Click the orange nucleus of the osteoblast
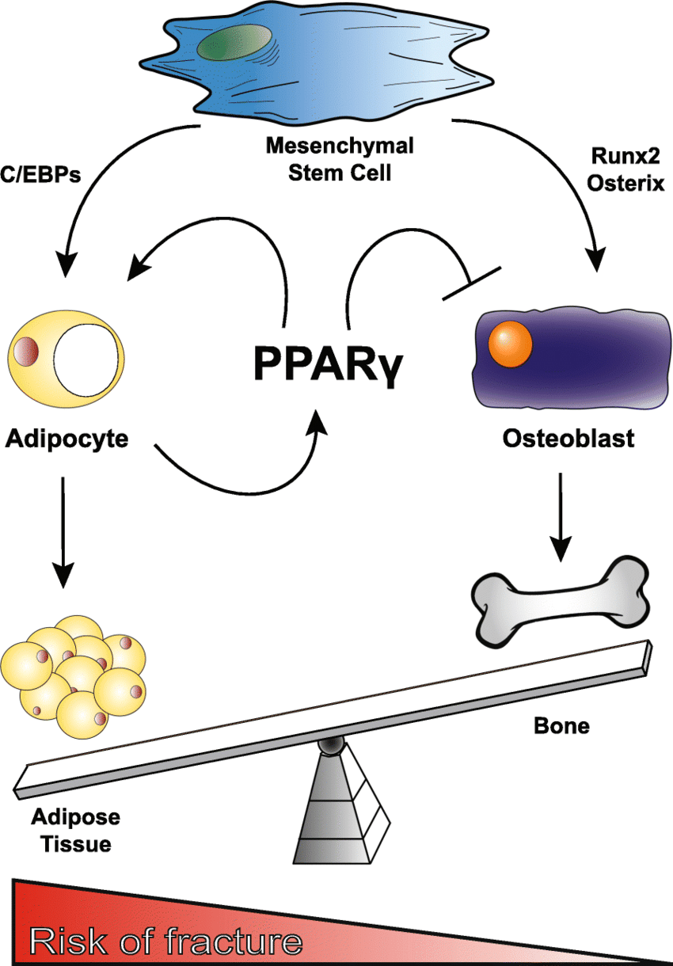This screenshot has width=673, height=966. (x=510, y=343)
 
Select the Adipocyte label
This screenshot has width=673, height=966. (x=67, y=437)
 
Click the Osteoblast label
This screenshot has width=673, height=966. (x=568, y=438)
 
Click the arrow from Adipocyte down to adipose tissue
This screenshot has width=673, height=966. (x=63, y=527)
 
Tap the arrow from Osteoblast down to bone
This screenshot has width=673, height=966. (x=560, y=515)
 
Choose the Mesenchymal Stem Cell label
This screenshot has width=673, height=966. (x=340, y=158)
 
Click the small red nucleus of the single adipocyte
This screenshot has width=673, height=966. (x=27, y=350)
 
